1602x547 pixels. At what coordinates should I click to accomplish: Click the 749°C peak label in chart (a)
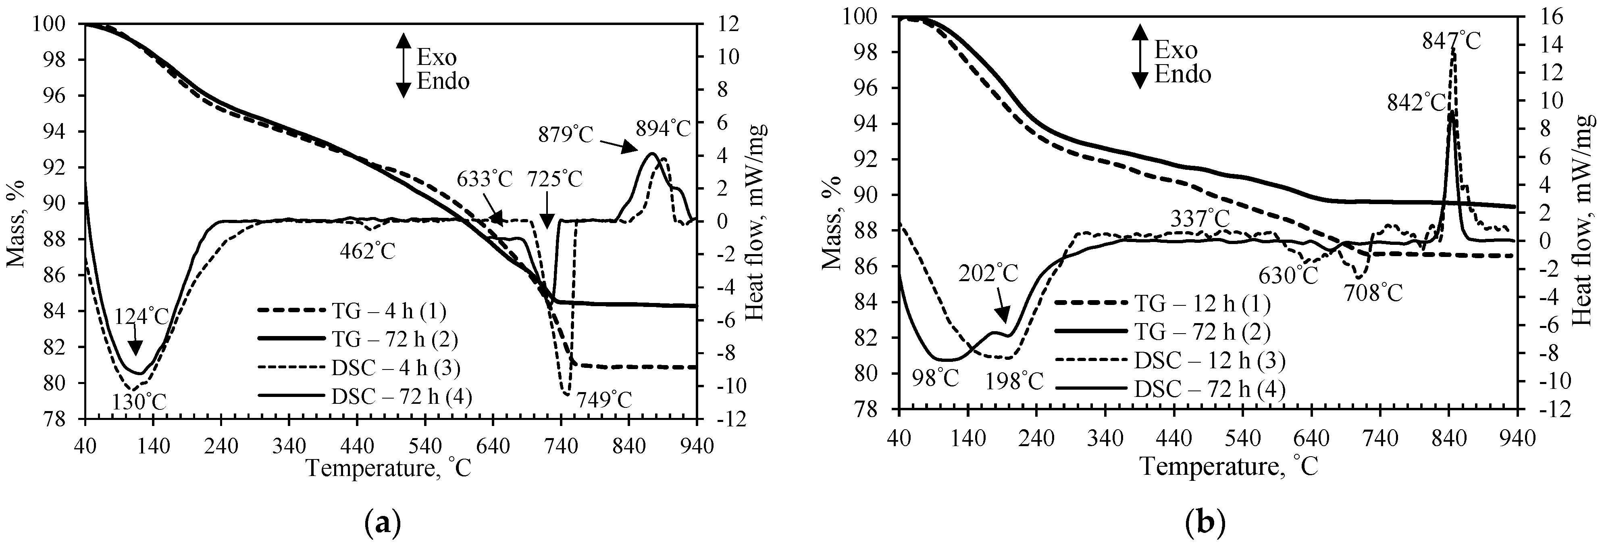(603, 399)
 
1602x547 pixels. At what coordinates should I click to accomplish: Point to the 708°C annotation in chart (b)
(1373, 292)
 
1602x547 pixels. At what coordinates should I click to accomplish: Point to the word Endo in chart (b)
(1183, 75)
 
